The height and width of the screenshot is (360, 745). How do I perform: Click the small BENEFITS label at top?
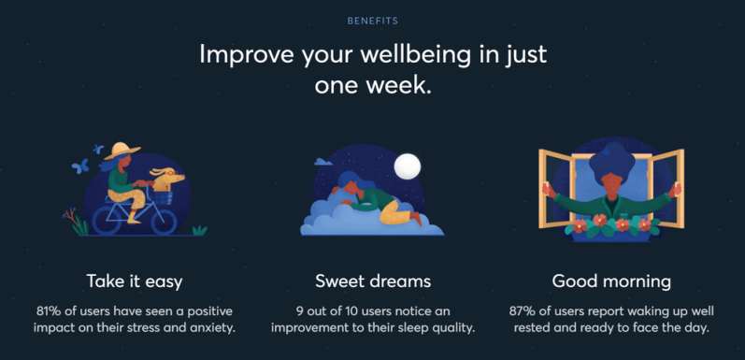coord(372,20)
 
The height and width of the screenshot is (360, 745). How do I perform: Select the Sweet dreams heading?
coord(372,281)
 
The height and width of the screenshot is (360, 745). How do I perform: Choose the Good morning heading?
coord(611,281)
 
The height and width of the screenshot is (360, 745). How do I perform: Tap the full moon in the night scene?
coord(407,166)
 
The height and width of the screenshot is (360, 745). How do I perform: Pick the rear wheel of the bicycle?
coord(101,218)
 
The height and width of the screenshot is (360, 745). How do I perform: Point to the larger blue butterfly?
coord(79,166)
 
